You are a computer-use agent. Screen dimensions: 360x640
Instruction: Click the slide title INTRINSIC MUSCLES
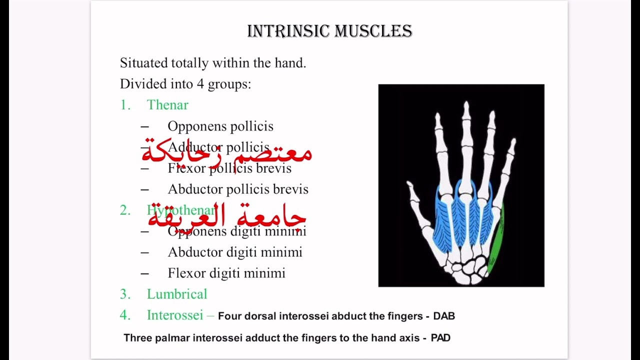click(329, 31)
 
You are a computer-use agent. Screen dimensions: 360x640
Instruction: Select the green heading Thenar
click(167, 105)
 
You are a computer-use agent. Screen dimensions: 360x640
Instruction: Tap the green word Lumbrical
click(176, 294)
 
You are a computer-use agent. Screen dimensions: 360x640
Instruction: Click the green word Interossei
click(175, 315)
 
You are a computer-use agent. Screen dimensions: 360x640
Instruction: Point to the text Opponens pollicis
click(220, 126)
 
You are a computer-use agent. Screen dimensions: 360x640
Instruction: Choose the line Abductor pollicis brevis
click(238, 189)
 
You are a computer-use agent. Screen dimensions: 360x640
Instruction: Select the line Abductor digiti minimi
click(235, 252)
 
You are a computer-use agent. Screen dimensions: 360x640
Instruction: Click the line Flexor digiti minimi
click(226, 273)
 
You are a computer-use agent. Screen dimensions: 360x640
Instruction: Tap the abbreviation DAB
click(444, 316)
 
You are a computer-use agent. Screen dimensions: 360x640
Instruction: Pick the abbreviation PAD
click(440, 338)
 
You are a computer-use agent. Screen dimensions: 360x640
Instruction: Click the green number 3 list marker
click(124, 294)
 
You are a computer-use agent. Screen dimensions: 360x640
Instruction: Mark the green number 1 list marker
click(124, 105)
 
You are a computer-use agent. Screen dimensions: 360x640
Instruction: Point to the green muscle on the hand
click(496, 240)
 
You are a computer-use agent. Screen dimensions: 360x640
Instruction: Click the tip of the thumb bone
click(410, 185)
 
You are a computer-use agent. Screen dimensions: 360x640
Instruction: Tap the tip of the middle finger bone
click(466, 105)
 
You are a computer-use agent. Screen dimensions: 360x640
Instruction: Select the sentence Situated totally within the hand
click(213, 63)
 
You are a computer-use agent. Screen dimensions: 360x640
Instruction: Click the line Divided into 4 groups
click(185, 84)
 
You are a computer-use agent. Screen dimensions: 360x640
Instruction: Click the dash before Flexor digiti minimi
click(145, 273)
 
